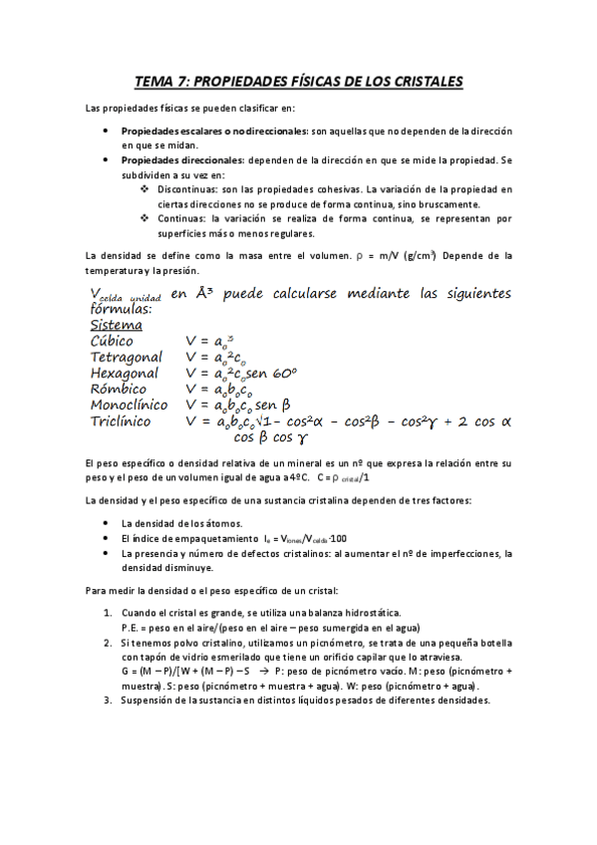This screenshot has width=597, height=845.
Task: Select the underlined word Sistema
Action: (x=116, y=325)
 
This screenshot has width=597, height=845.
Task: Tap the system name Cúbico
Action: (x=112, y=342)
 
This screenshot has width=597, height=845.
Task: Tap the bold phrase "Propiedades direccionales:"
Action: (x=182, y=159)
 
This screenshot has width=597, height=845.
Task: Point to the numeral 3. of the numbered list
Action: (x=109, y=700)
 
